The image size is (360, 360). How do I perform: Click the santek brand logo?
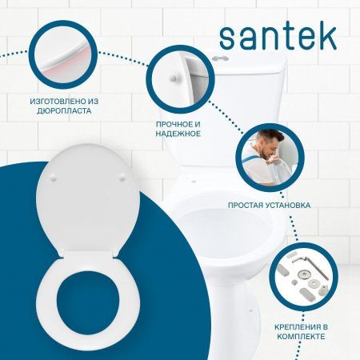click(277, 35)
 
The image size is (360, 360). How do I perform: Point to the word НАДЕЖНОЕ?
click(178, 134)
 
